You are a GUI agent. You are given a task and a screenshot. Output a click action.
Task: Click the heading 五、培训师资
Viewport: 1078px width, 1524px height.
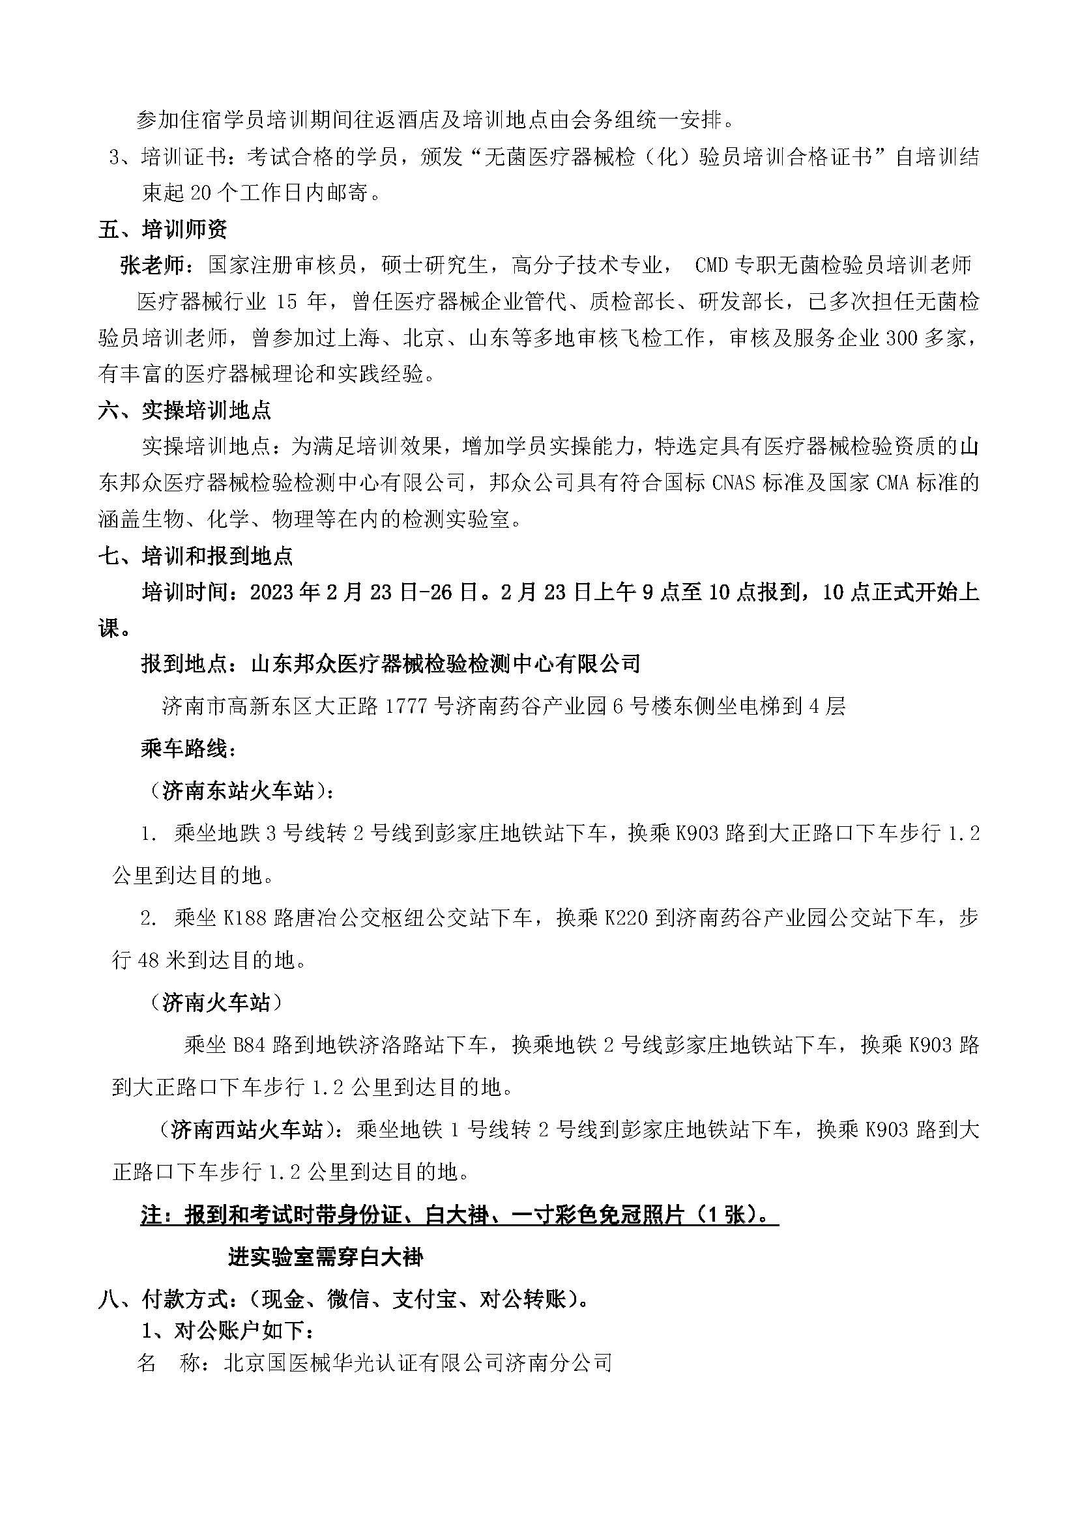163,229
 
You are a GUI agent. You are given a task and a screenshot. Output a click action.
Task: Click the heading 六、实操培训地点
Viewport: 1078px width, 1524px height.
184,411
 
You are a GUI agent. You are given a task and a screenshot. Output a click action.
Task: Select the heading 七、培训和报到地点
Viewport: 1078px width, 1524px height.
195,556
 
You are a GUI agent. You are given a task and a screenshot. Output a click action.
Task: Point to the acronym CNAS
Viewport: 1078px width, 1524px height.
733,483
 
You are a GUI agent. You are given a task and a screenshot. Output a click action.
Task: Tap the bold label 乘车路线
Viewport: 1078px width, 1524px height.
188,749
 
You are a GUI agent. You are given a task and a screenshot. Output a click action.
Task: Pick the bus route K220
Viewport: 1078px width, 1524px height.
617,919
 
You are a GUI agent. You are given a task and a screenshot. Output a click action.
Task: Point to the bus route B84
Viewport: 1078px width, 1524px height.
250,1045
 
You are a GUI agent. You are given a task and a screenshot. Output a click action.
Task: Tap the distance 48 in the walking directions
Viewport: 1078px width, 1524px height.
148,960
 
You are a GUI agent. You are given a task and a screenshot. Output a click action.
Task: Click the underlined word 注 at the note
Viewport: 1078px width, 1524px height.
151,1215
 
